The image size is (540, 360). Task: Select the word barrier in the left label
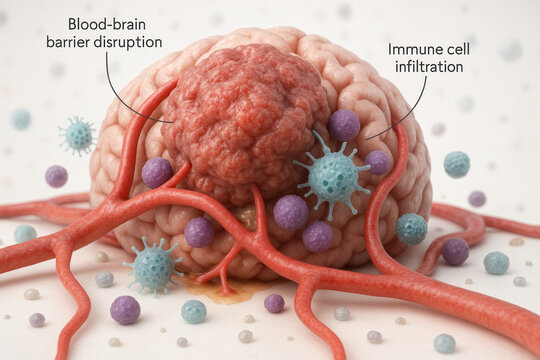68,41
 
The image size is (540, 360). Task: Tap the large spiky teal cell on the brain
333,174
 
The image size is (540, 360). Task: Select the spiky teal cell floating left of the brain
78,135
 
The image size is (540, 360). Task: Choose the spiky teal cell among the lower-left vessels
154,266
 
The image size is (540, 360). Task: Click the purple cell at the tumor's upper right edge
344,125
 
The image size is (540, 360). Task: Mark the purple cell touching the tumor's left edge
157,172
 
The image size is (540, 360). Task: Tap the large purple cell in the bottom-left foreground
125,309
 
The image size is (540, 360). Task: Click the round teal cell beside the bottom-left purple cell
194,311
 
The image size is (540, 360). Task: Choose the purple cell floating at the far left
56,176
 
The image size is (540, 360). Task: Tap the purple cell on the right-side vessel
455,251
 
